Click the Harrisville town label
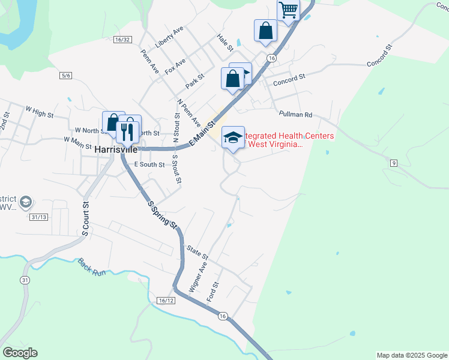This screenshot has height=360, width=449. tap(115, 148)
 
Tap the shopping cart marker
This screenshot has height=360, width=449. tap(288, 10)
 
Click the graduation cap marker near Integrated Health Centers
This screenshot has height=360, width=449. tap(233, 138)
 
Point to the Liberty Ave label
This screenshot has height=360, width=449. tap(169, 37)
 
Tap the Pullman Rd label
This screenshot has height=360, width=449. tap(296, 114)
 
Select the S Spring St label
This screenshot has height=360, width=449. tap(162, 214)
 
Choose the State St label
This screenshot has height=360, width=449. tap(197, 251)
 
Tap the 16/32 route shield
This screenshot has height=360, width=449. tap(122, 39)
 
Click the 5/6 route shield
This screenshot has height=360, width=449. tap(66, 75)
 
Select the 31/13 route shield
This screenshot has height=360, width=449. tap(37, 217)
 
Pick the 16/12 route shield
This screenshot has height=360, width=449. tap(167, 299)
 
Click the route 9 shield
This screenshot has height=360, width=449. tap(393, 163)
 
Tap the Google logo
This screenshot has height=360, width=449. tap(20, 353)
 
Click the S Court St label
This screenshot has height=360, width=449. tap(86, 218)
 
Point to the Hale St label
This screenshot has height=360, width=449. tap(225, 42)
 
